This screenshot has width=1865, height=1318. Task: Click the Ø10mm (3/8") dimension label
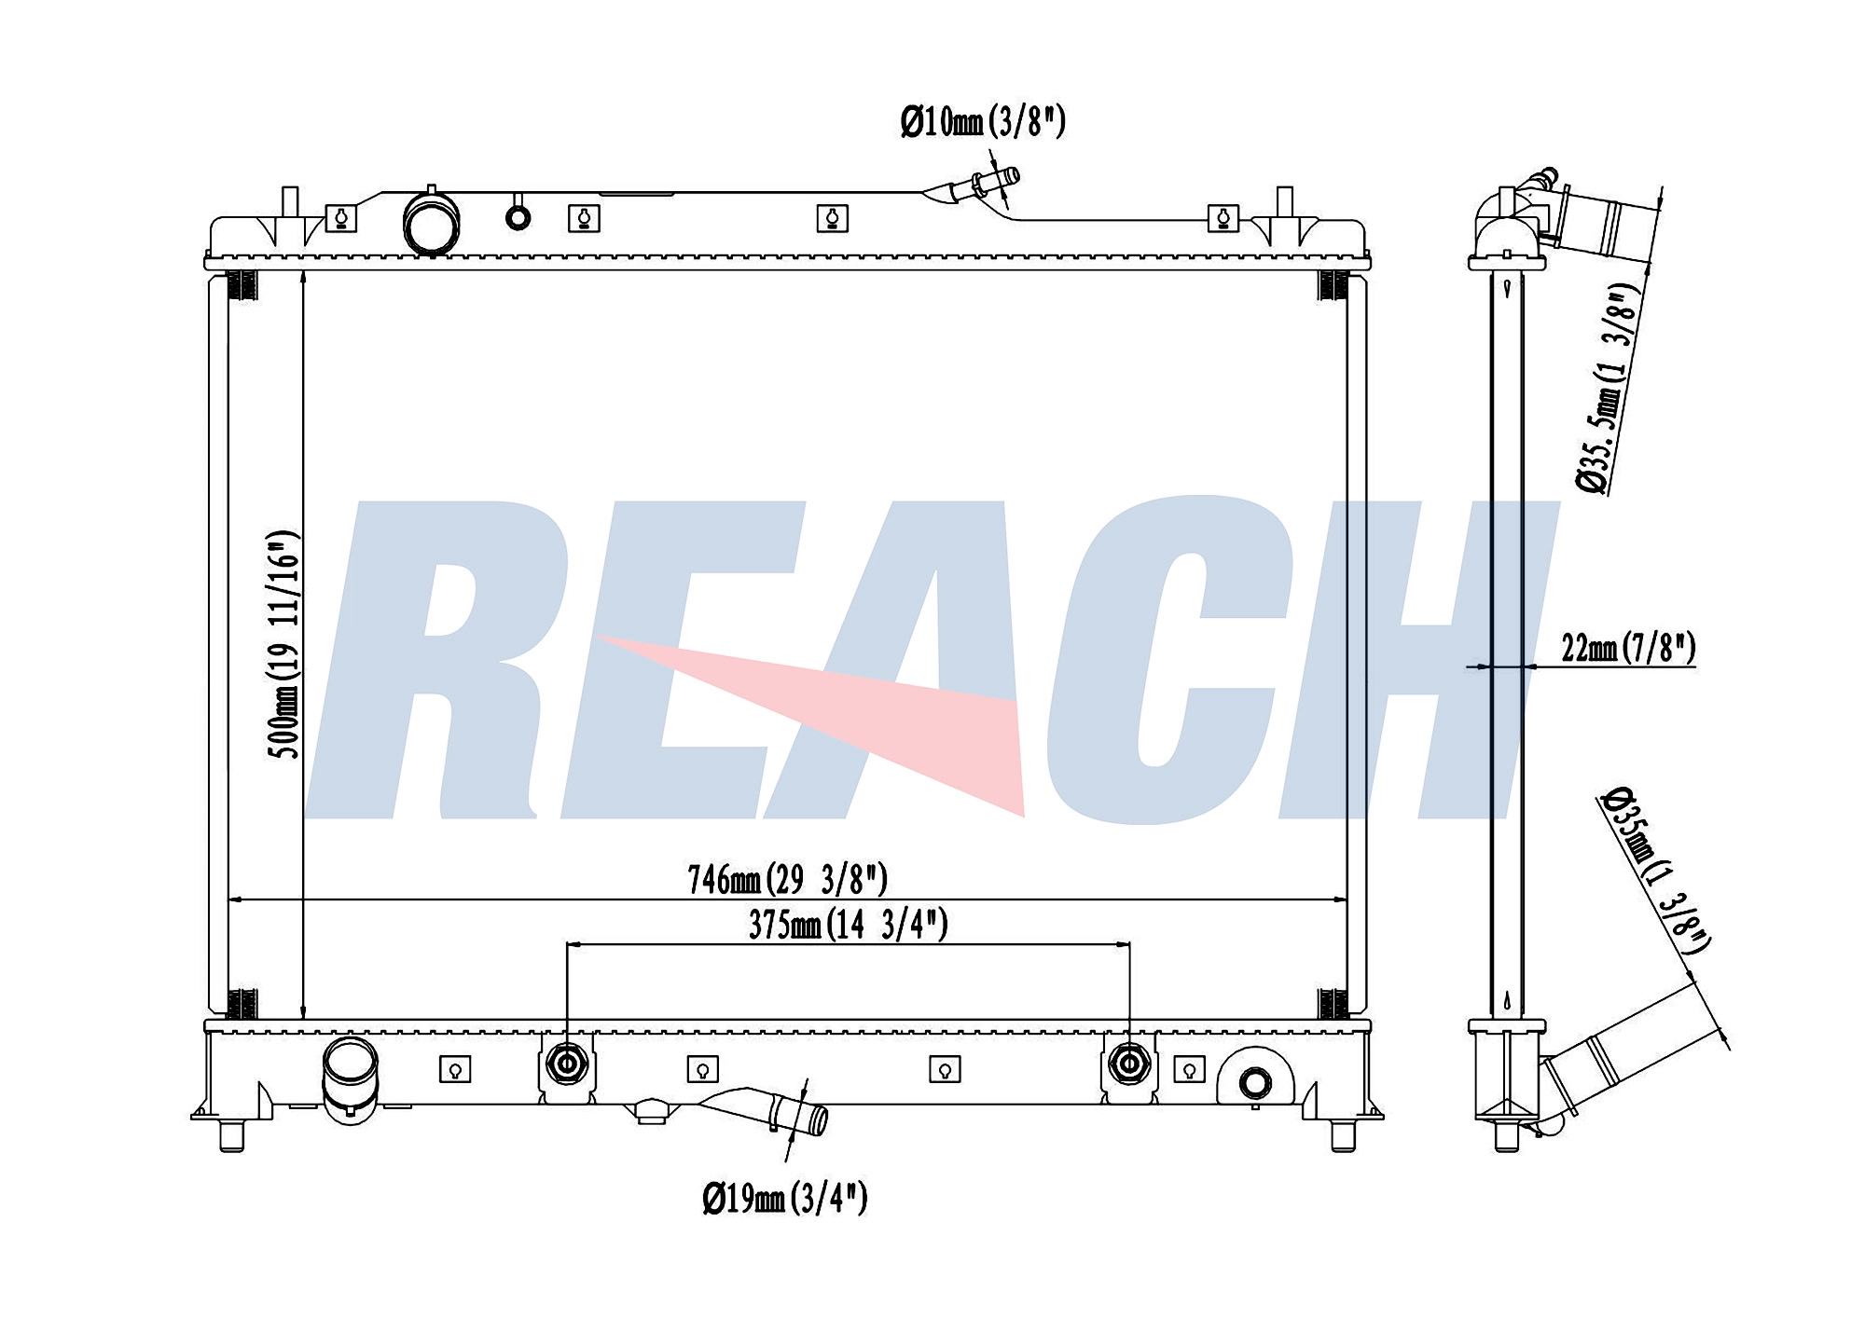[x=983, y=122]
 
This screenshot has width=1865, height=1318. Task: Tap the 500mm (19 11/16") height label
[x=283, y=644]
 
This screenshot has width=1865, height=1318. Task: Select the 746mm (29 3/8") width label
[x=787, y=879]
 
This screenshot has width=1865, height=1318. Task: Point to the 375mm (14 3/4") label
[x=849, y=925]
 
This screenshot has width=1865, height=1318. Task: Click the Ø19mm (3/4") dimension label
[x=785, y=1198]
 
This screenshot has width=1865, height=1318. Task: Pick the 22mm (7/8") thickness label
[x=1628, y=648]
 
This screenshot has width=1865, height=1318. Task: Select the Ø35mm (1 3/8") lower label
[x=1656, y=871]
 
